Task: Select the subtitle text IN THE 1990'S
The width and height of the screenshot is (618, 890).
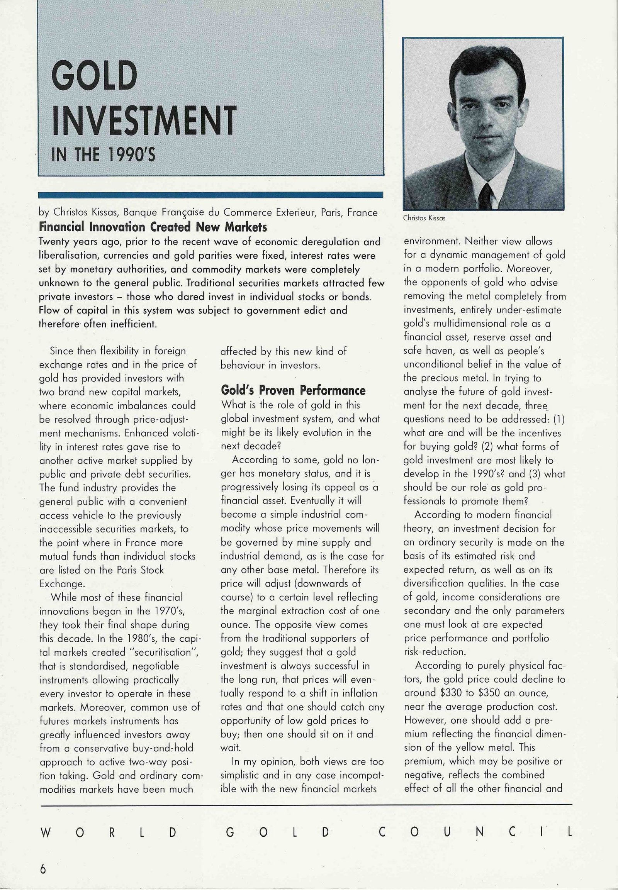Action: (103, 155)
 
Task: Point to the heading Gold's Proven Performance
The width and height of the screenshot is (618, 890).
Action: (293, 390)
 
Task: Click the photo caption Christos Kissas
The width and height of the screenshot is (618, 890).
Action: (424, 218)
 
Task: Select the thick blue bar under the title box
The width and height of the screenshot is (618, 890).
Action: (210, 195)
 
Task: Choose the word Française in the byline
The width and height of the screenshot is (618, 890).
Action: (183, 213)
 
